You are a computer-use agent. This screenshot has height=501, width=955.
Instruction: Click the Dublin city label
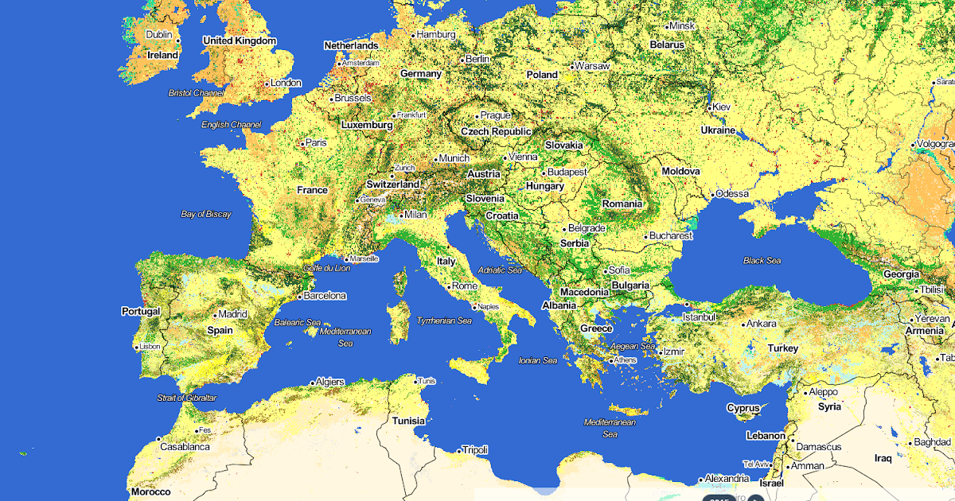pos(159,35)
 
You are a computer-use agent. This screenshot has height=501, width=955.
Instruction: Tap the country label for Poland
pos(542,75)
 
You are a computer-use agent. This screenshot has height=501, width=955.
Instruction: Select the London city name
pos(286,83)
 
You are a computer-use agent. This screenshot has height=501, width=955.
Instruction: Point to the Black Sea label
pos(762,260)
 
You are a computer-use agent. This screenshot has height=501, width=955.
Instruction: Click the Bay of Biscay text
pos(206,214)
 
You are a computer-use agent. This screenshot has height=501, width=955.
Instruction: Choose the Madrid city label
pos(232,314)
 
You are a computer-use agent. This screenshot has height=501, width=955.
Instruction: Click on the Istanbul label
pos(699,317)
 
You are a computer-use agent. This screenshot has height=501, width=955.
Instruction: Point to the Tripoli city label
pos(474,450)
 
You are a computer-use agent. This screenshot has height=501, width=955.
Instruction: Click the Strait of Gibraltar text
pos(186,398)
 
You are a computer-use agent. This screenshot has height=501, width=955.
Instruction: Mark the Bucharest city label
pos(670,236)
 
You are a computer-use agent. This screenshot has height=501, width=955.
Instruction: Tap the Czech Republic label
pos(496,131)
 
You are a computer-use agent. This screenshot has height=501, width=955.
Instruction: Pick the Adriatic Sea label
pos(499,270)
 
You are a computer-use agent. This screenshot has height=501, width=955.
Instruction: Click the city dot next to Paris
pos(302,144)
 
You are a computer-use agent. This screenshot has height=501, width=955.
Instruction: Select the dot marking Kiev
pos(710,107)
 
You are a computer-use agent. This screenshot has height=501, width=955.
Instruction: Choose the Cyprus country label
pos(743,408)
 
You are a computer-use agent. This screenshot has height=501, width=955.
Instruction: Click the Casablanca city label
pos(185,447)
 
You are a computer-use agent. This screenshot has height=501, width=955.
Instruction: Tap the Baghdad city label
pos(932,442)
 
